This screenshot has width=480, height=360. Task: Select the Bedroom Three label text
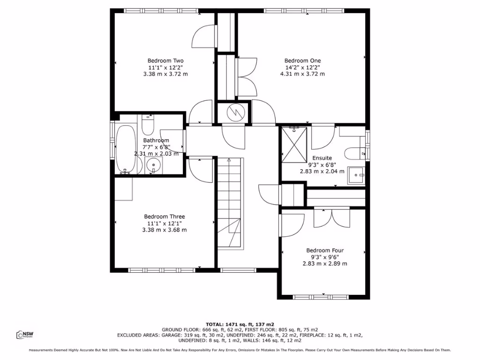164,217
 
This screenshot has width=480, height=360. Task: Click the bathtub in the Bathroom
125,149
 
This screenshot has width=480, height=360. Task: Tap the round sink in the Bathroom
153,165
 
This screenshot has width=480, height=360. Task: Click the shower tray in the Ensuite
294,145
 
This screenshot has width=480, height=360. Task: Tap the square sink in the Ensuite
358,175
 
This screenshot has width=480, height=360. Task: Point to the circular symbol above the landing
233,112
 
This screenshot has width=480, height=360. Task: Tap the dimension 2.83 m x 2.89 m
325,263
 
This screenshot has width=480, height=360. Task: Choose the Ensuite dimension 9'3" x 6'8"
322,165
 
